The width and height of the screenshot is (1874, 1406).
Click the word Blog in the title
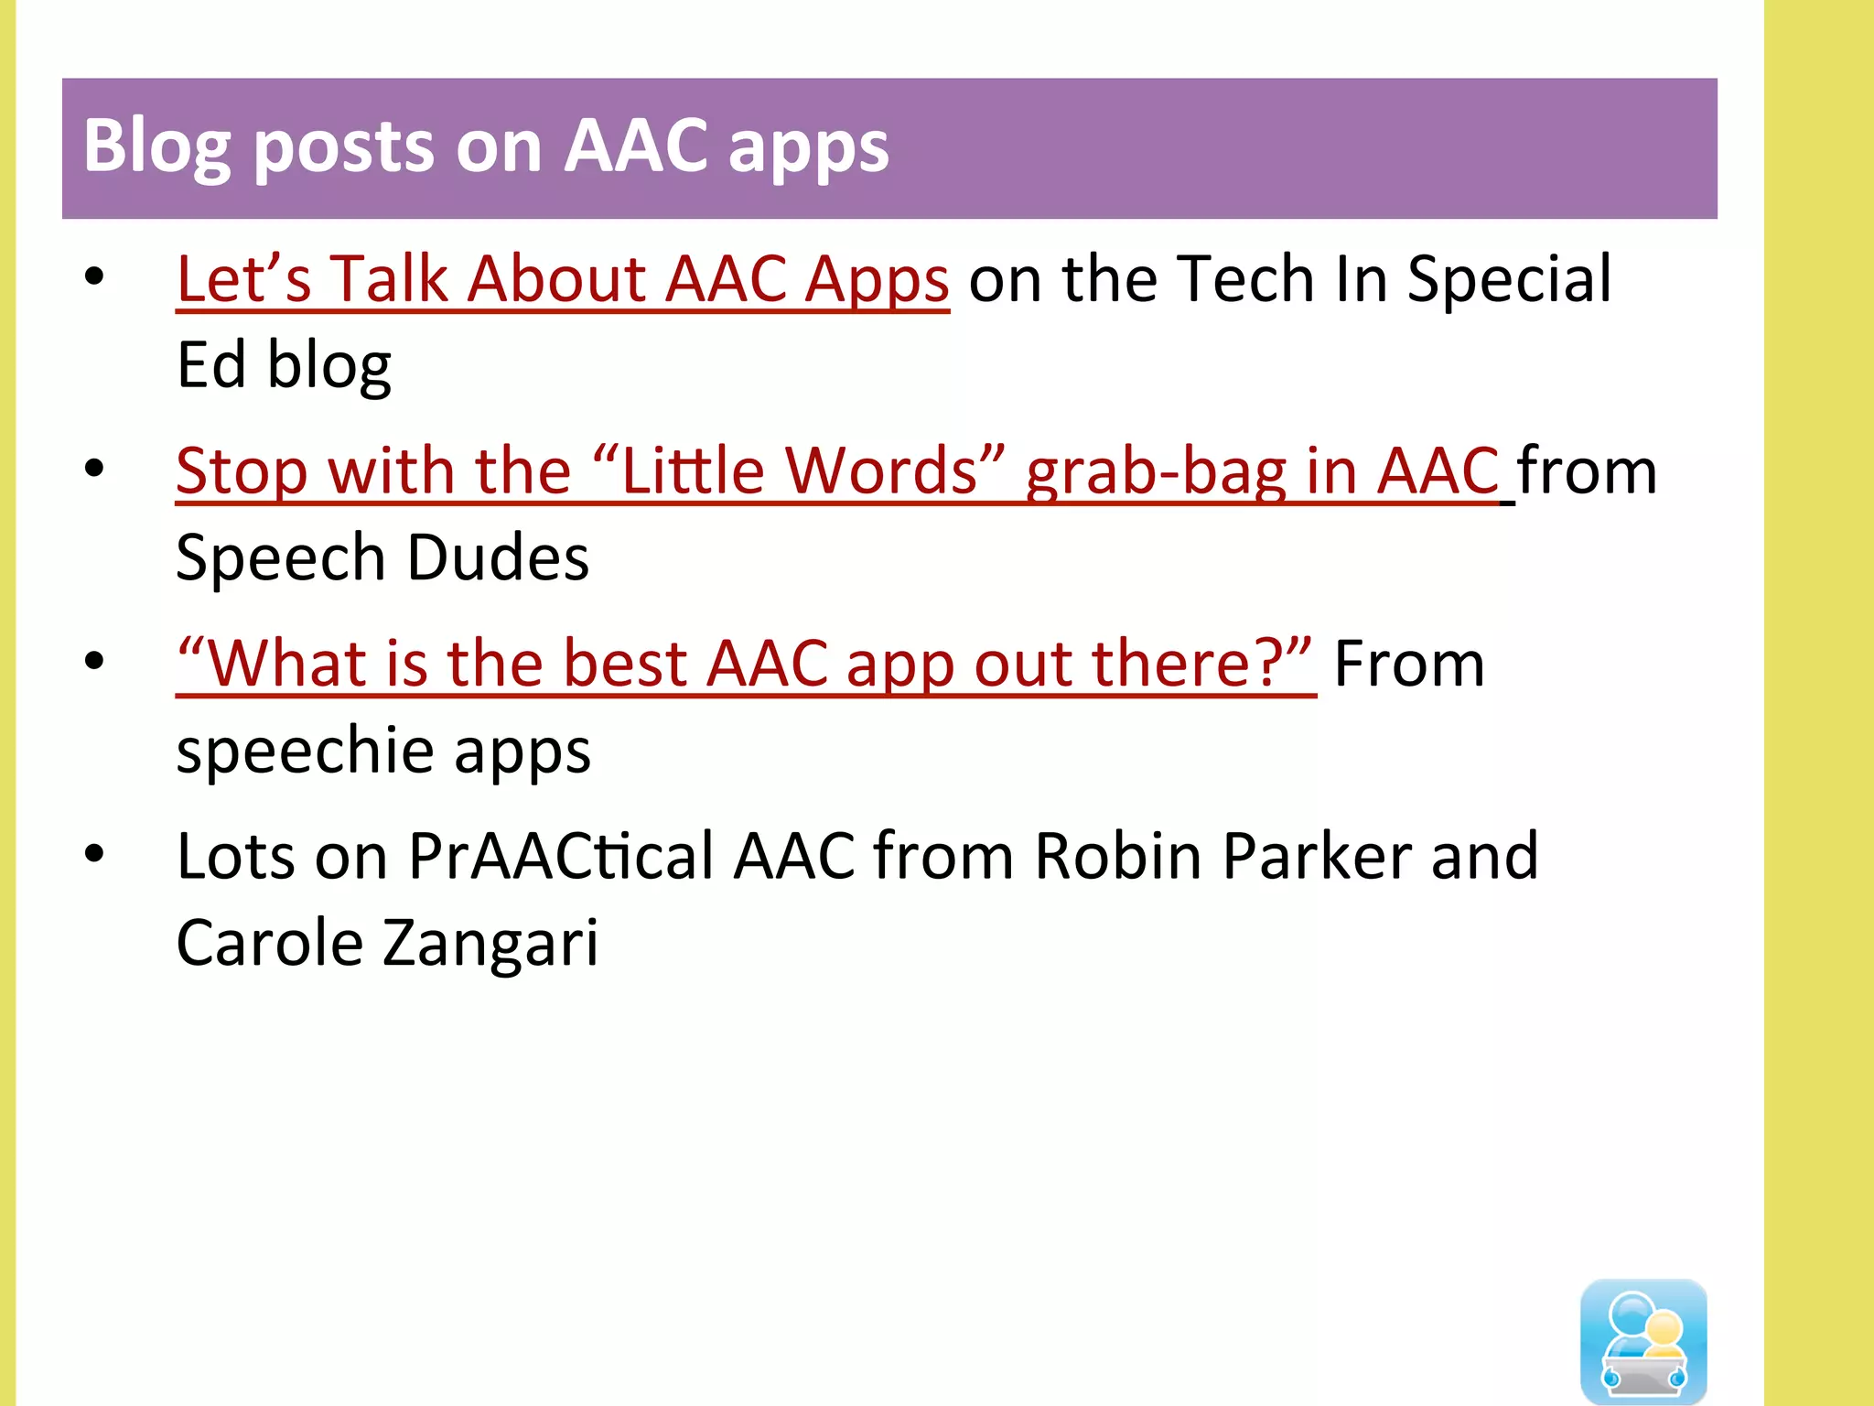pyautogui.click(x=156, y=146)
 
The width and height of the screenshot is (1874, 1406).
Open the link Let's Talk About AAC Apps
pyautogui.click(x=562, y=278)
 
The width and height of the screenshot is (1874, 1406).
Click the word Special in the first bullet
pyautogui.click(x=1509, y=278)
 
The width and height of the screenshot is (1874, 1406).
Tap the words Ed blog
pyautogui.click(x=283, y=365)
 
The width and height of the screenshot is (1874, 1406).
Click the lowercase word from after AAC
pyautogui.click(x=1587, y=471)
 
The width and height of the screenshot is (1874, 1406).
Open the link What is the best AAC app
pyautogui.click(x=745, y=664)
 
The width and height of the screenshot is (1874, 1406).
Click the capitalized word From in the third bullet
pyautogui.click(x=1408, y=664)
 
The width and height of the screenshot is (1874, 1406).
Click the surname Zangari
pyautogui.click(x=490, y=944)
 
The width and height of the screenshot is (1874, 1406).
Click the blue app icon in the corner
pyautogui.click(x=1643, y=1341)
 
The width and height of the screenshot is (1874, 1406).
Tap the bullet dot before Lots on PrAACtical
pyautogui.click(x=94, y=854)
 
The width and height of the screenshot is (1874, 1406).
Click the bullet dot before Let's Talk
pyautogui.click(x=94, y=276)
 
